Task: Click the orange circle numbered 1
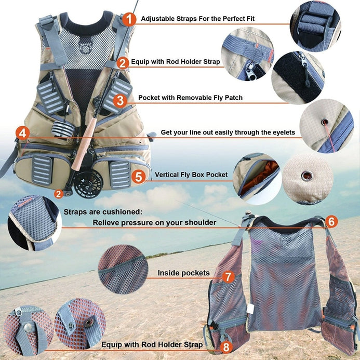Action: (129, 19)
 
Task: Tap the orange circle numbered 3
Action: (120, 100)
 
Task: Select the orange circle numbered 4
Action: (22, 133)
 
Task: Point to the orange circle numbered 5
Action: (139, 177)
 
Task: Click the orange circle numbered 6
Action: (331, 222)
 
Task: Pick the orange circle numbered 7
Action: (228, 277)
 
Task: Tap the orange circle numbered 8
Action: (226, 346)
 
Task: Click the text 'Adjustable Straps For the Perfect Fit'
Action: (198, 19)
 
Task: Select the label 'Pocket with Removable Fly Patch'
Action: (190, 98)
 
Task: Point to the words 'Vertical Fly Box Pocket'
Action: (191, 175)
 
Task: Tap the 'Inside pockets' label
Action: (184, 273)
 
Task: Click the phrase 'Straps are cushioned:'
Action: (103, 211)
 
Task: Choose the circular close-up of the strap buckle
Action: (315, 26)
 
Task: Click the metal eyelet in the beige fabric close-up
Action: (306, 176)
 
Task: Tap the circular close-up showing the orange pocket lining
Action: (257, 178)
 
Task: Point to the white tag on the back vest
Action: (249, 308)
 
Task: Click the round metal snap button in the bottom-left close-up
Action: (28, 327)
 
